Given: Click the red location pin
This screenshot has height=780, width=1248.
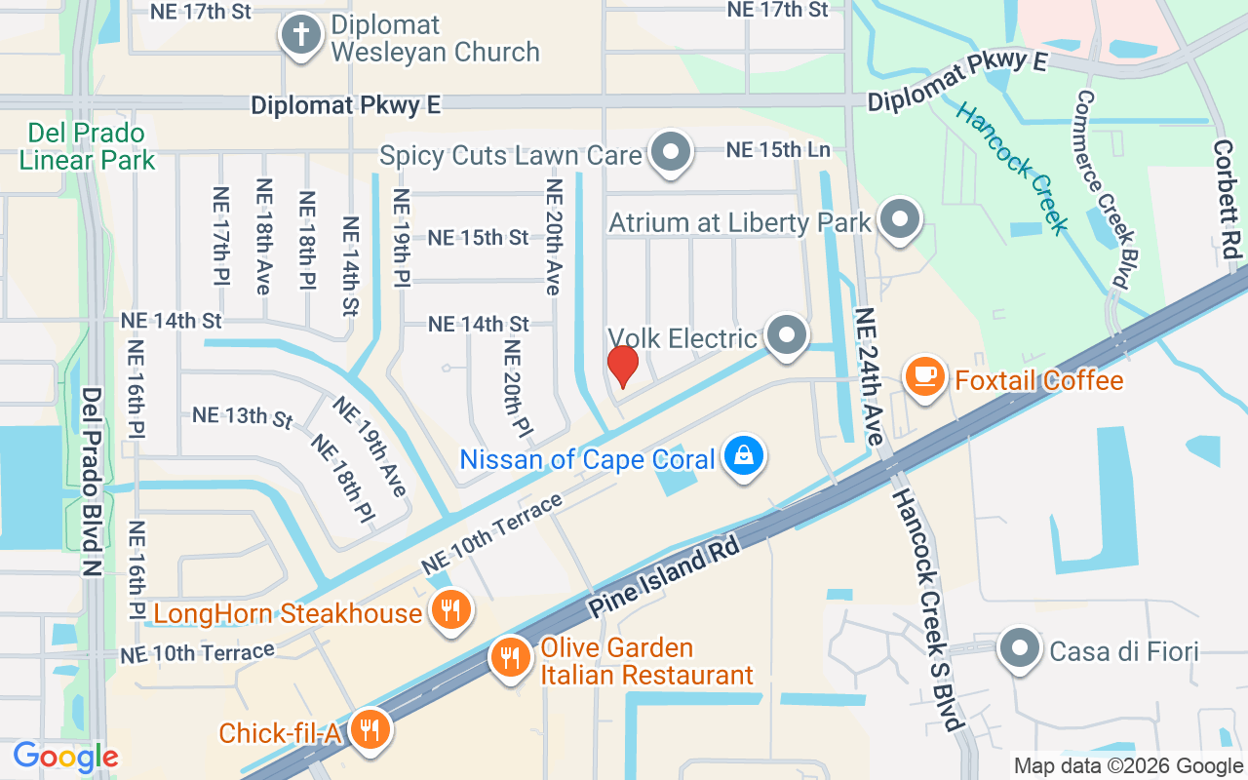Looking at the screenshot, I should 622,366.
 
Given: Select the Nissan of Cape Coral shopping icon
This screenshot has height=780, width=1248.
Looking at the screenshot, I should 745,456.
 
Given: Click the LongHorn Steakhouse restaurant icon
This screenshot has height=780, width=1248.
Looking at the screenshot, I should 449,610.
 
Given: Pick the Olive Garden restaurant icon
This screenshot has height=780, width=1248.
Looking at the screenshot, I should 510,656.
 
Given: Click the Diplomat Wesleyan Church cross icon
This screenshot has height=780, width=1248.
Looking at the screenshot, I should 301,36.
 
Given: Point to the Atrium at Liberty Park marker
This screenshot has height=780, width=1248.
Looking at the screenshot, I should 900,219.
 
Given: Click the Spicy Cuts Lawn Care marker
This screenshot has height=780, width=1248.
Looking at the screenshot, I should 670,153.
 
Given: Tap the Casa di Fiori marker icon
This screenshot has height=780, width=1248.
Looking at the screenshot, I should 1020,647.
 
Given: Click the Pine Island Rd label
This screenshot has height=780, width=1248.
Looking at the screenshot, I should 665,575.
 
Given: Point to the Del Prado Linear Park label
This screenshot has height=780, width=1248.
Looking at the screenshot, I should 87,146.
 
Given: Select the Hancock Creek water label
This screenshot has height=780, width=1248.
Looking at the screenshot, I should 1012,168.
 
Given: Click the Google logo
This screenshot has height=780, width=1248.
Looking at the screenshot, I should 65,756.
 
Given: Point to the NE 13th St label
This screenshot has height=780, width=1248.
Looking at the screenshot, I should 242,416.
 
